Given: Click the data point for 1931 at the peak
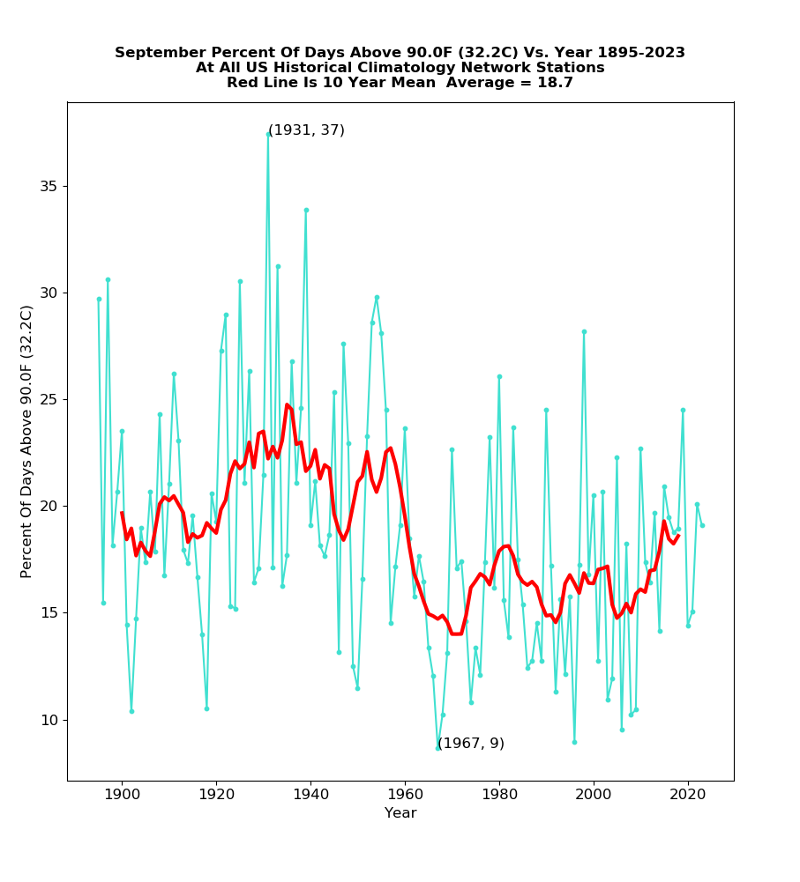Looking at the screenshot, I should [268, 134].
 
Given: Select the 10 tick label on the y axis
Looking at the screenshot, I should [49, 720].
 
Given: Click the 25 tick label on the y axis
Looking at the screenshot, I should [49, 400].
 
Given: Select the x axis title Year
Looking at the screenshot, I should [400, 813].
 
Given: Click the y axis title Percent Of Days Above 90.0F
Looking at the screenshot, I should [27, 441].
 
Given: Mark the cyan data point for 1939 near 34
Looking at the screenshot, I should [306, 210].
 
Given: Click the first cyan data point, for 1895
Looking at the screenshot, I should [99, 299].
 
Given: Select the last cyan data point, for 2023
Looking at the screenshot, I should [702, 525].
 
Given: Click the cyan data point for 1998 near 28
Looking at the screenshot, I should [584, 331].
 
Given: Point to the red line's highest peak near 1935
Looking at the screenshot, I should [287, 404].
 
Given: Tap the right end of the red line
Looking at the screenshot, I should [678, 535].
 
